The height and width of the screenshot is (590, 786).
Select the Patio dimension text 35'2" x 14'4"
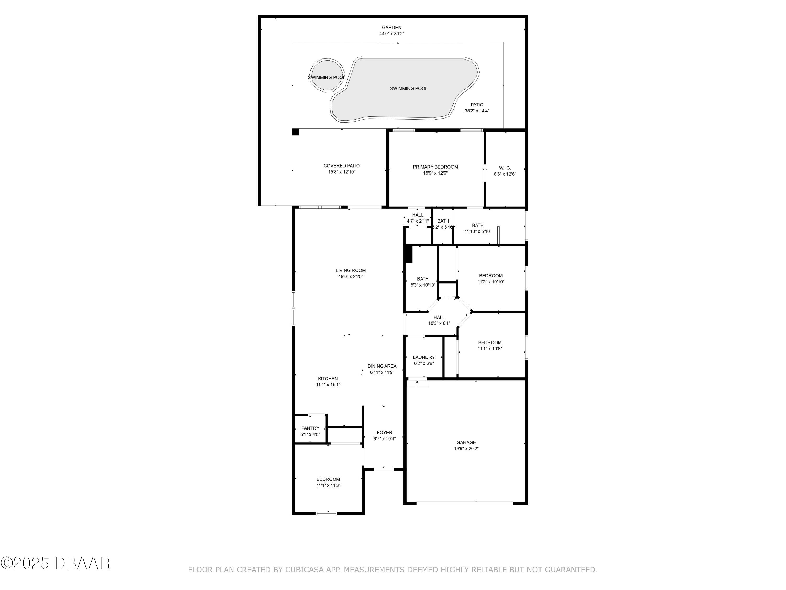click(477, 111)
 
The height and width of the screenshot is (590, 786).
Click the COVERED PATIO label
click(341, 166)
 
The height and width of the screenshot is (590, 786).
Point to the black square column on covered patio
click(295, 132)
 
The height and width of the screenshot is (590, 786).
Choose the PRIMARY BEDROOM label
click(435, 167)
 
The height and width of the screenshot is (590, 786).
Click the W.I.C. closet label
click(505, 168)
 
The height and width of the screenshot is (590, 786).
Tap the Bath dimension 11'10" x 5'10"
click(478, 232)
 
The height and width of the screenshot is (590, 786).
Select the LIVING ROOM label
click(351, 270)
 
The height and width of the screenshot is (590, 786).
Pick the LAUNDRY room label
click(424, 357)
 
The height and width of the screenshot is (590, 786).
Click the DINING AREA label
click(382, 366)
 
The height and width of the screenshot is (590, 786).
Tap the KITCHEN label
click(327, 379)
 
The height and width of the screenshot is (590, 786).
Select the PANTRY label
click(310, 428)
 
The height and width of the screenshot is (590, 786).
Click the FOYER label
click(384, 432)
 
